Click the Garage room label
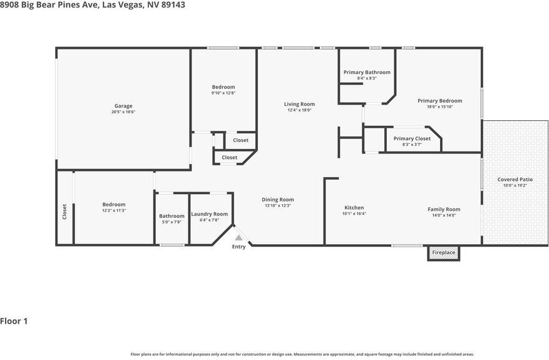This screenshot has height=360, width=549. pyautogui.click(x=123, y=106)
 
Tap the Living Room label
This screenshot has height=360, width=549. pyautogui.click(x=299, y=104)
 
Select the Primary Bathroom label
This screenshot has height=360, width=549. pyautogui.click(x=367, y=72)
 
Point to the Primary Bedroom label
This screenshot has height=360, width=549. pyautogui.click(x=440, y=101)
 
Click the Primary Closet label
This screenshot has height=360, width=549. pyautogui.click(x=412, y=138)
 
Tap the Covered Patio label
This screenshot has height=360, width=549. pyautogui.click(x=515, y=179)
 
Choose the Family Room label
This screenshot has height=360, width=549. pyautogui.click(x=444, y=209)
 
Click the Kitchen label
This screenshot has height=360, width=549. pyautogui.click(x=354, y=208)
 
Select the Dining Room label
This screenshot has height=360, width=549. pyautogui.click(x=277, y=200)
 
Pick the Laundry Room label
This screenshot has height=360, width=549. pyautogui.click(x=209, y=214)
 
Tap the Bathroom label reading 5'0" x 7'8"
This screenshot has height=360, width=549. pyautogui.click(x=172, y=216)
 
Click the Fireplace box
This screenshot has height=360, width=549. pyautogui.click(x=444, y=253)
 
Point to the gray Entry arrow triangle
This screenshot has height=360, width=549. pyautogui.click(x=239, y=238)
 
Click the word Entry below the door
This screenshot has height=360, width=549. pyautogui.click(x=239, y=247)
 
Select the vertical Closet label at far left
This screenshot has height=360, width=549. pyautogui.click(x=64, y=212)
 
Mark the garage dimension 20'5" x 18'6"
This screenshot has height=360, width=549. pyautogui.click(x=123, y=112)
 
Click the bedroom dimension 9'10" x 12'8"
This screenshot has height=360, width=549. pyautogui.click(x=223, y=93)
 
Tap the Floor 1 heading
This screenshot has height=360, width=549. pyautogui.click(x=14, y=321)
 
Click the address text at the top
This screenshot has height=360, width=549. pyautogui.click(x=93, y=5)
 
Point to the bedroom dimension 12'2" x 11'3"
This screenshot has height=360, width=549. pyautogui.click(x=114, y=210)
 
